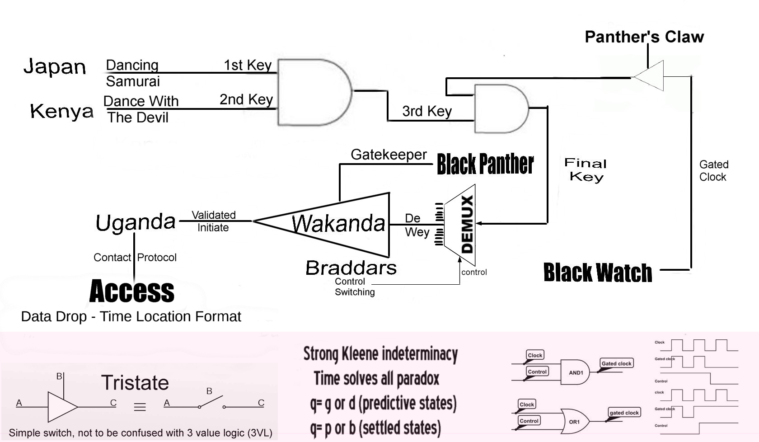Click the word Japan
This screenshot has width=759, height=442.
click(x=55, y=67)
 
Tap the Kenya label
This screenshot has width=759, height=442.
click(x=62, y=111)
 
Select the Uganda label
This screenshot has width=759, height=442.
click(x=136, y=222)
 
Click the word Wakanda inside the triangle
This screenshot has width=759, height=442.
click(x=338, y=223)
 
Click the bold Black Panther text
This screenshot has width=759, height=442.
click(x=485, y=164)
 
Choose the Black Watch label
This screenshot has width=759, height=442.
click(x=598, y=273)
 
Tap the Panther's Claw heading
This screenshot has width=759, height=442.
click(x=644, y=37)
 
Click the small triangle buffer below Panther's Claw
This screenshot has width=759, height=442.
click(x=651, y=76)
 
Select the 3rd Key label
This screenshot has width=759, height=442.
click(x=427, y=111)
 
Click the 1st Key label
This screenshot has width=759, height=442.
click(x=248, y=65)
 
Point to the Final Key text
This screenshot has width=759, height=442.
click(x=586, y=169)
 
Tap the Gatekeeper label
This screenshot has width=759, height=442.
click(x=389, y=155)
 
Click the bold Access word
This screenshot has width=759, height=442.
click(x=132, y=291)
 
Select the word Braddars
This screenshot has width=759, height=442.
click(x=351, y=268)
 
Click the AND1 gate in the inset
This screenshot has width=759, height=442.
click(x=575, y=372)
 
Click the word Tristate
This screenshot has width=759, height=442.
click(x=135, y=383)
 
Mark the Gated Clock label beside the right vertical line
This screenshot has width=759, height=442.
click(x=714, y=171)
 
